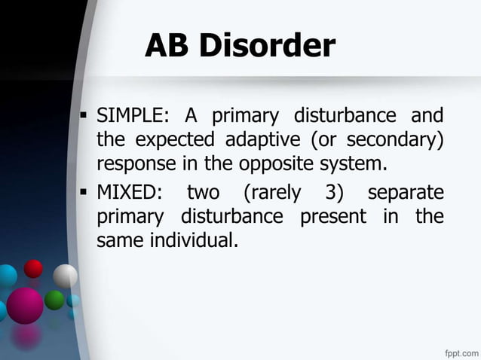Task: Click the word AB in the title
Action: [x=166, y=47]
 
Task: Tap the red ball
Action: [x=33, y=268]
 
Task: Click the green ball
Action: [x=54, y=300]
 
